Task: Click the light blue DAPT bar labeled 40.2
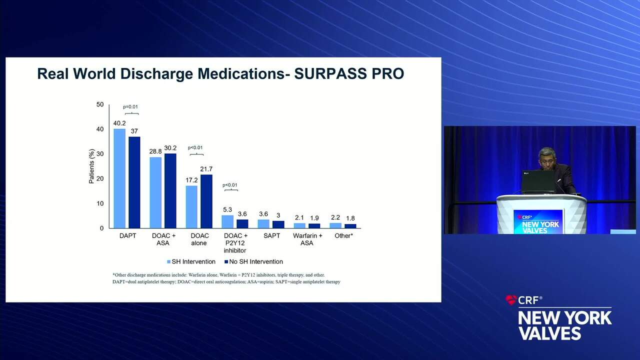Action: [119, 178]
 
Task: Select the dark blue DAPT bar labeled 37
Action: [134, 182]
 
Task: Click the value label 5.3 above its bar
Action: [227, 209]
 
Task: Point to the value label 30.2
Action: [170, 148]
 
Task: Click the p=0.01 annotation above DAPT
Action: [130, 106]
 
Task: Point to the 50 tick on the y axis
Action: [100, 104]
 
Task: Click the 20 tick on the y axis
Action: [100, 178]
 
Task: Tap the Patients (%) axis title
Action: [91, 166]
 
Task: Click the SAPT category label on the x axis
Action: [271, 235]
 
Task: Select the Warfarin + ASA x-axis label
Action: [307, 239]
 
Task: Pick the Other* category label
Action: [343, 235]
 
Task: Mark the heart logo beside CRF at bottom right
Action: [511, 300]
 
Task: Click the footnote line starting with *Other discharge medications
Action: [218, 275]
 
